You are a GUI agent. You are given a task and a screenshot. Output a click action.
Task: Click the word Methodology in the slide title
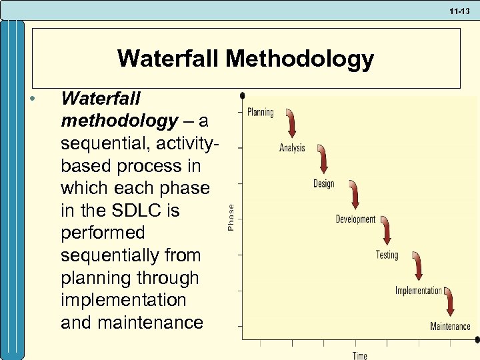coord(299,59)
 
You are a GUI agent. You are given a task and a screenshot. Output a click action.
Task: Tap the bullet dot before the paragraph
coord(32,99)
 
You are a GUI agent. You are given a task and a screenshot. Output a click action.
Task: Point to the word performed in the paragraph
coord(103,233)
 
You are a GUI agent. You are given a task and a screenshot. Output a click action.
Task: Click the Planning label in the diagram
coord(260,113)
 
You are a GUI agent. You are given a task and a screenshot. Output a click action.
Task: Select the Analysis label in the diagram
coord(292,148)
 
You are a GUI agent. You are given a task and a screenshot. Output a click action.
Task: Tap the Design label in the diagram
coord(323,184)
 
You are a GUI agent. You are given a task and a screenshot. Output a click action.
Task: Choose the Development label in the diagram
coord(355,219)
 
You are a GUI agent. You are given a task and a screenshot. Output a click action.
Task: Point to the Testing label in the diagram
coord(387,255)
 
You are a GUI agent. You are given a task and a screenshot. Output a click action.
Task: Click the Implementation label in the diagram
coord(418,291)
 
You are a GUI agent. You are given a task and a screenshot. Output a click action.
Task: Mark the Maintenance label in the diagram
coord(450,327)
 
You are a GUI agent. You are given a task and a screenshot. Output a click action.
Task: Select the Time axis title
coord(359,355)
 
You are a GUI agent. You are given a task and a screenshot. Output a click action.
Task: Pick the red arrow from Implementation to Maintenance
coord(450,301)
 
